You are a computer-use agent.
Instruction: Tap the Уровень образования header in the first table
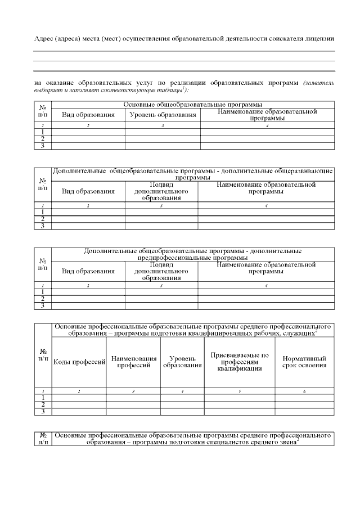(163, 115)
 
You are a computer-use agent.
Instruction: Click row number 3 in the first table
(43, 146)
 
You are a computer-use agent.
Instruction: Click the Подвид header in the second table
(161, 184)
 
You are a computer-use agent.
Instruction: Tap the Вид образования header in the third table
(88, 271)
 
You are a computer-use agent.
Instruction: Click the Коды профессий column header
(79, 362)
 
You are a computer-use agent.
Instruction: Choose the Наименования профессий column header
(134, 362)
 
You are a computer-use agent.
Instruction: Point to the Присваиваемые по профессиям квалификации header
(240, 362)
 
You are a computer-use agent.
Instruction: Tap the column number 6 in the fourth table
(304, 390)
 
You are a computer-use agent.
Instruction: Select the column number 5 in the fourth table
(240, 390)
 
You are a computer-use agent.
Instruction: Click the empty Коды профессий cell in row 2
(79, 404)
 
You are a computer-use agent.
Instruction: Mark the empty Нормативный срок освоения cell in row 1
(304, 397)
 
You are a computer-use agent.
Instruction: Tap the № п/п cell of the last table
(43, 439)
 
